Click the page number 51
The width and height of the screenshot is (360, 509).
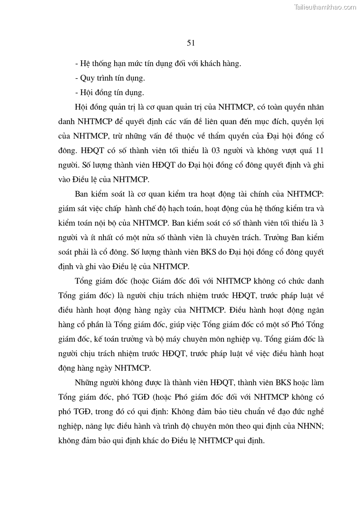(x=190, y=43)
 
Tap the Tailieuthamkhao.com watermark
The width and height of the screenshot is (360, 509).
(x=325, y=7)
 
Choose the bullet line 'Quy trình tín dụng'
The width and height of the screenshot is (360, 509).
(x=110, y=78)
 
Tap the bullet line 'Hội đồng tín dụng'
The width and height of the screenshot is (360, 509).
(x=109, y=92)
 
